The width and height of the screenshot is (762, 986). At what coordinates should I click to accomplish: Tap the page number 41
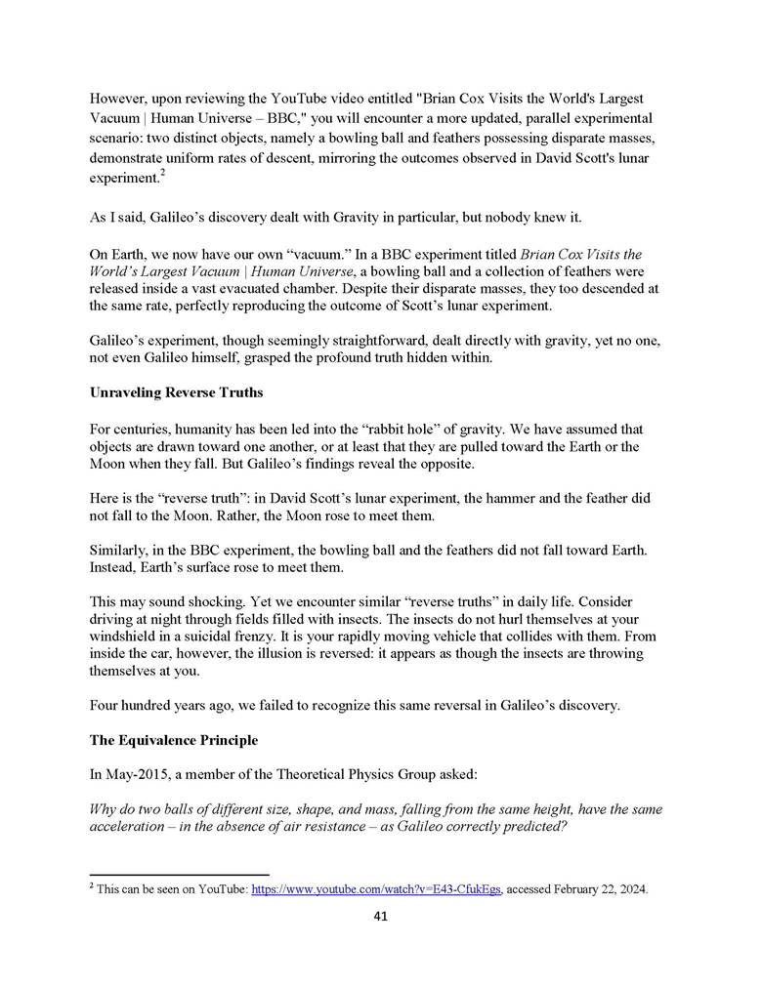click(382, 917)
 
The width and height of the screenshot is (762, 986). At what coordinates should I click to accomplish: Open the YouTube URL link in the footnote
click(376, 890)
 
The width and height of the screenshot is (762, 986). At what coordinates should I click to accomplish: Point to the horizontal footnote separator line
click(179, 875)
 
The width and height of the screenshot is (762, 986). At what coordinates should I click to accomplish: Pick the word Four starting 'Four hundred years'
click(105, 705)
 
